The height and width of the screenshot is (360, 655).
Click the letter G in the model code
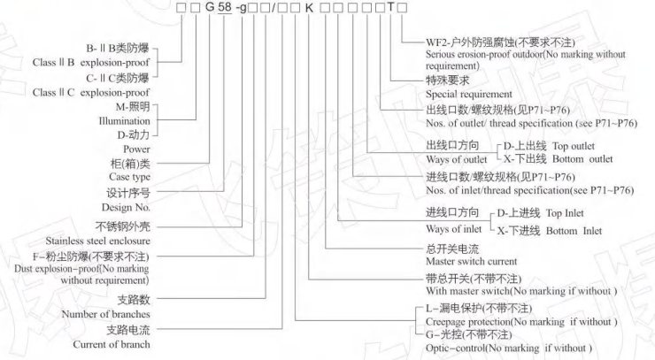coord(210,7)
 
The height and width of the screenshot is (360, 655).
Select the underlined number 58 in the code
coord(224,7)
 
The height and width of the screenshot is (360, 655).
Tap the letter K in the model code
coord(310,7)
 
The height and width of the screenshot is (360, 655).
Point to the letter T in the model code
coord(391,7)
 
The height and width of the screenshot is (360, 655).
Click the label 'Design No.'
coord(126,207)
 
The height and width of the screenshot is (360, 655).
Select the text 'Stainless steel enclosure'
coord(97,241)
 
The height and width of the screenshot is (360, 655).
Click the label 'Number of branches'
coord(105,314)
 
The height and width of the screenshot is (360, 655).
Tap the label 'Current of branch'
coord(112,344)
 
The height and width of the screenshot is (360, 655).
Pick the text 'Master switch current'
coord(471,262)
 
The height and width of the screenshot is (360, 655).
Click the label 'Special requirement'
coord(469,94)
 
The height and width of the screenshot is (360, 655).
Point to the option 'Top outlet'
coord(574,146)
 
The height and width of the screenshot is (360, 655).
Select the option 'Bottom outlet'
coord(582,159)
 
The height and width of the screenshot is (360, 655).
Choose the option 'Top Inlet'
coord(565,213)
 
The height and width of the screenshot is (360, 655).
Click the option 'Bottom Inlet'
coord(574,231)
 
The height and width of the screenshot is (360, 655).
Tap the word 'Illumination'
coord(124,121)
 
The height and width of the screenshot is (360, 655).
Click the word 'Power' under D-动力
coord(136,149)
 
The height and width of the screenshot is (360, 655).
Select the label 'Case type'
coord(129,177)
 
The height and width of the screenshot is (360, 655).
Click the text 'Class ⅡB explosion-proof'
coord(90,63)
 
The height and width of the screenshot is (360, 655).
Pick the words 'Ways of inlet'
coord(454,229)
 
